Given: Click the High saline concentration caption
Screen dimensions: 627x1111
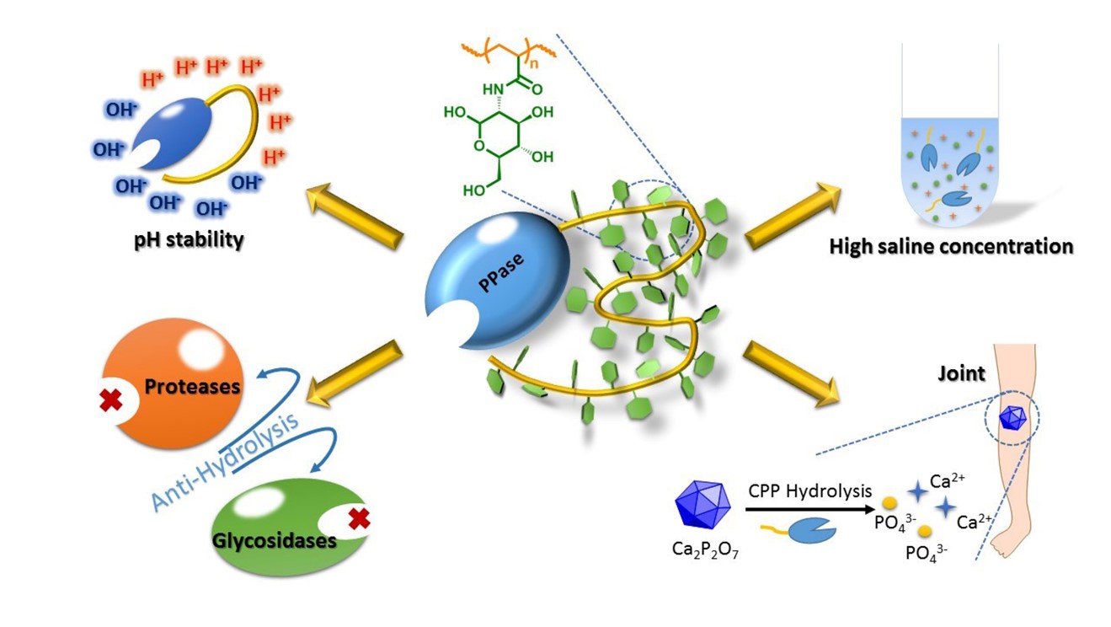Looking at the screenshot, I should (x=951, y=247).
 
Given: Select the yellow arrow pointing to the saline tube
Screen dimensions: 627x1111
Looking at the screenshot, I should (x=792, y=215).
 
